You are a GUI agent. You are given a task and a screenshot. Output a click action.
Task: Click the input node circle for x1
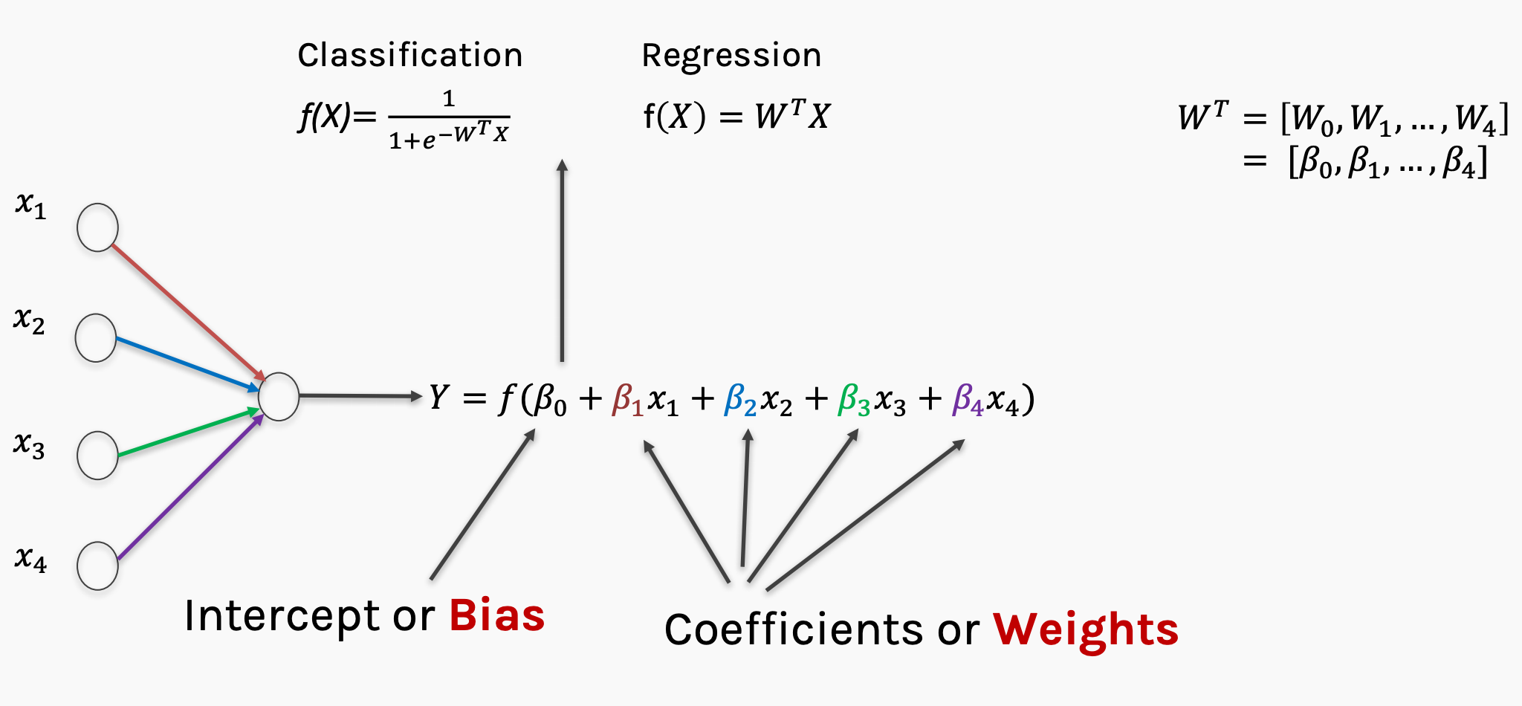tap(97, 227)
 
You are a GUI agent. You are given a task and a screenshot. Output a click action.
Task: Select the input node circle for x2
tap(96, 338)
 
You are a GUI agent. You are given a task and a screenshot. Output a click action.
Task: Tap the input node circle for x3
tap(97, 455)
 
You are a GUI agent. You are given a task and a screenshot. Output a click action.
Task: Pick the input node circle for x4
tap(97, 566)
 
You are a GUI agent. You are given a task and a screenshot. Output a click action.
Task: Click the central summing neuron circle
tap(279, 397)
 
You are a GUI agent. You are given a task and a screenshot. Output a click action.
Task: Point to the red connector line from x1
tap(186, 309)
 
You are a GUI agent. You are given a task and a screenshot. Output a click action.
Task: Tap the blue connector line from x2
tap(186, 363)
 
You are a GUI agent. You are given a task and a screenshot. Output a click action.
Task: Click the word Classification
tap(410, 56)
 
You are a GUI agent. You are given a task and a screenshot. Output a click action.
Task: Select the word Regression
tap(731, 56)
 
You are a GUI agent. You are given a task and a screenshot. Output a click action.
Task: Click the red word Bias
tap(496, 615)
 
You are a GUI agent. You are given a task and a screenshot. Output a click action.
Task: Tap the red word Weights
tap(1086, 629)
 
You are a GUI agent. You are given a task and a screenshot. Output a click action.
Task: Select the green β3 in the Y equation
tap(853, 400)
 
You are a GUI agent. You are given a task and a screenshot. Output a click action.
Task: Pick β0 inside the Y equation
tap(550, 400)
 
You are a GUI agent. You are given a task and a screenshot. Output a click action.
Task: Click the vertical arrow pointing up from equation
tap(562, 260)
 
